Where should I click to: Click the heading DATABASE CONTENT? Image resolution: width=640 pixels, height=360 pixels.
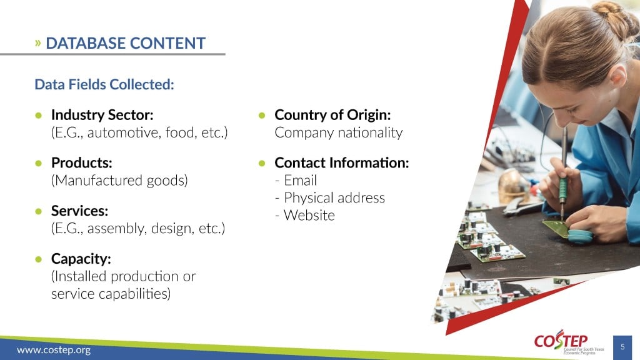pyautogui.click(x=125, y=43)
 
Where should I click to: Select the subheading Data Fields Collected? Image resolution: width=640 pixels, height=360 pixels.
pyautogui.click(x=104, y=84)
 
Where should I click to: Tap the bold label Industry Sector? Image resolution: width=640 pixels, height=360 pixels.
pyautogui.click(x=102, y=115)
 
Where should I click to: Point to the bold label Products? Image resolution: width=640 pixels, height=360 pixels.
pyautogui.click(x=82, y=163)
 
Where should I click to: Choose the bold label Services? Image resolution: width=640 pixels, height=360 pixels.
pyautogui.click(x=79, y=211)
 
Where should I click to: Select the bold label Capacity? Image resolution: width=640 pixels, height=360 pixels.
pyautogui.click(x=81, y=259)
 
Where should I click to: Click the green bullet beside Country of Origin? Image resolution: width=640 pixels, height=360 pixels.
pyautogui.click(x=262, y=116)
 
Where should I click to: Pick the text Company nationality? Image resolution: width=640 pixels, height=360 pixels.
pyautogui.click(x=338, y=132)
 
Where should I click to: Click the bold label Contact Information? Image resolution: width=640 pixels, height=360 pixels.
pyautogui.click(x=342, y=163)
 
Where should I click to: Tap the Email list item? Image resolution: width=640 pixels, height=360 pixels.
pyautogui.click(x=296, y=181)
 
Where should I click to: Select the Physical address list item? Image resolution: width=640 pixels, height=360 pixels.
pyautogui.click(x=330, y=198)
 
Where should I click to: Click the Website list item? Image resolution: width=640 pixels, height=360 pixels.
pyautogui.click(x=305, y=215)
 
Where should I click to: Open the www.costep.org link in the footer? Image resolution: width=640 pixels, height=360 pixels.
pyautogui.click(x=54, y=350)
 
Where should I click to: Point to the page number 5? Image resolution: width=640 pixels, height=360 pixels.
pyautogui.click(x=622, y=347)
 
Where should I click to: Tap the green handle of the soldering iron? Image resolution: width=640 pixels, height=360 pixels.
pyautogui.click(x=563, y=189)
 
